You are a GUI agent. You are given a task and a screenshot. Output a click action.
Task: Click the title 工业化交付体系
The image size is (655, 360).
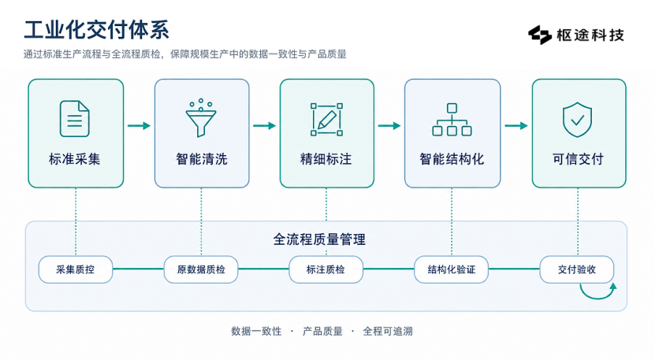(96, 30)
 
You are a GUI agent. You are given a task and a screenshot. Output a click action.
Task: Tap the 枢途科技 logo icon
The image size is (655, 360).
(540, 35)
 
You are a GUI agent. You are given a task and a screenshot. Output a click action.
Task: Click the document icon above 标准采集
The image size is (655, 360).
(75, 119)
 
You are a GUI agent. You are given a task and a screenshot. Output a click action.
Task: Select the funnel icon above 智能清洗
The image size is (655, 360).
(201, 118)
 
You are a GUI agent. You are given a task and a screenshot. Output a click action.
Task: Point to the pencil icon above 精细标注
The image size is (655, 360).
(326, 120)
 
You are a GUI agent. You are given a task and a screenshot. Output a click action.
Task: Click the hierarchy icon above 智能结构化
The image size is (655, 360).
(452, 120)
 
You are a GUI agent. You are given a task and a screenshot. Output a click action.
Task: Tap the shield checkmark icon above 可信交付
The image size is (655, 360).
(578, 120)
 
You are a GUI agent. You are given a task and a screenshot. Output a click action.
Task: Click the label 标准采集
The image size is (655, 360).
(75, 159)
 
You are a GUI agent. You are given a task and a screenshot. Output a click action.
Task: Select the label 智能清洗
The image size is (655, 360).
(201, 159)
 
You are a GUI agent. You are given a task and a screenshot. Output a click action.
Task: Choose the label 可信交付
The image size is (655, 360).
(578, 159)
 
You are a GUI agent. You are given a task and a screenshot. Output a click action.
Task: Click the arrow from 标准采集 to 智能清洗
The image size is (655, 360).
(139, 126)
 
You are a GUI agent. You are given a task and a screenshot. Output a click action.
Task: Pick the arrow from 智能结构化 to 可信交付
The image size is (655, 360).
(516, 126)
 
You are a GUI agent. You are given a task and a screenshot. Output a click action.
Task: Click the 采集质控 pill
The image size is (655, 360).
(76, 269)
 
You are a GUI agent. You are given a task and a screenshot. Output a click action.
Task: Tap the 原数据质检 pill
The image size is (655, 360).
(201, 269)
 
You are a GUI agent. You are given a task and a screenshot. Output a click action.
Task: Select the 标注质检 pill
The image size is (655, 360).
(326, 269)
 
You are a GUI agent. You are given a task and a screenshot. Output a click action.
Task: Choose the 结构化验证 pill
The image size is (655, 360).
(452, 269)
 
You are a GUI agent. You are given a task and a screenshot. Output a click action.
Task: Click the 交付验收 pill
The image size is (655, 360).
(577, 269)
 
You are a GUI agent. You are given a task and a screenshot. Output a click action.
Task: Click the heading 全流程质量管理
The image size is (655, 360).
(319, 239)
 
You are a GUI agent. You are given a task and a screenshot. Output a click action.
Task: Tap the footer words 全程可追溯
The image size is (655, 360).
(388, 332)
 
